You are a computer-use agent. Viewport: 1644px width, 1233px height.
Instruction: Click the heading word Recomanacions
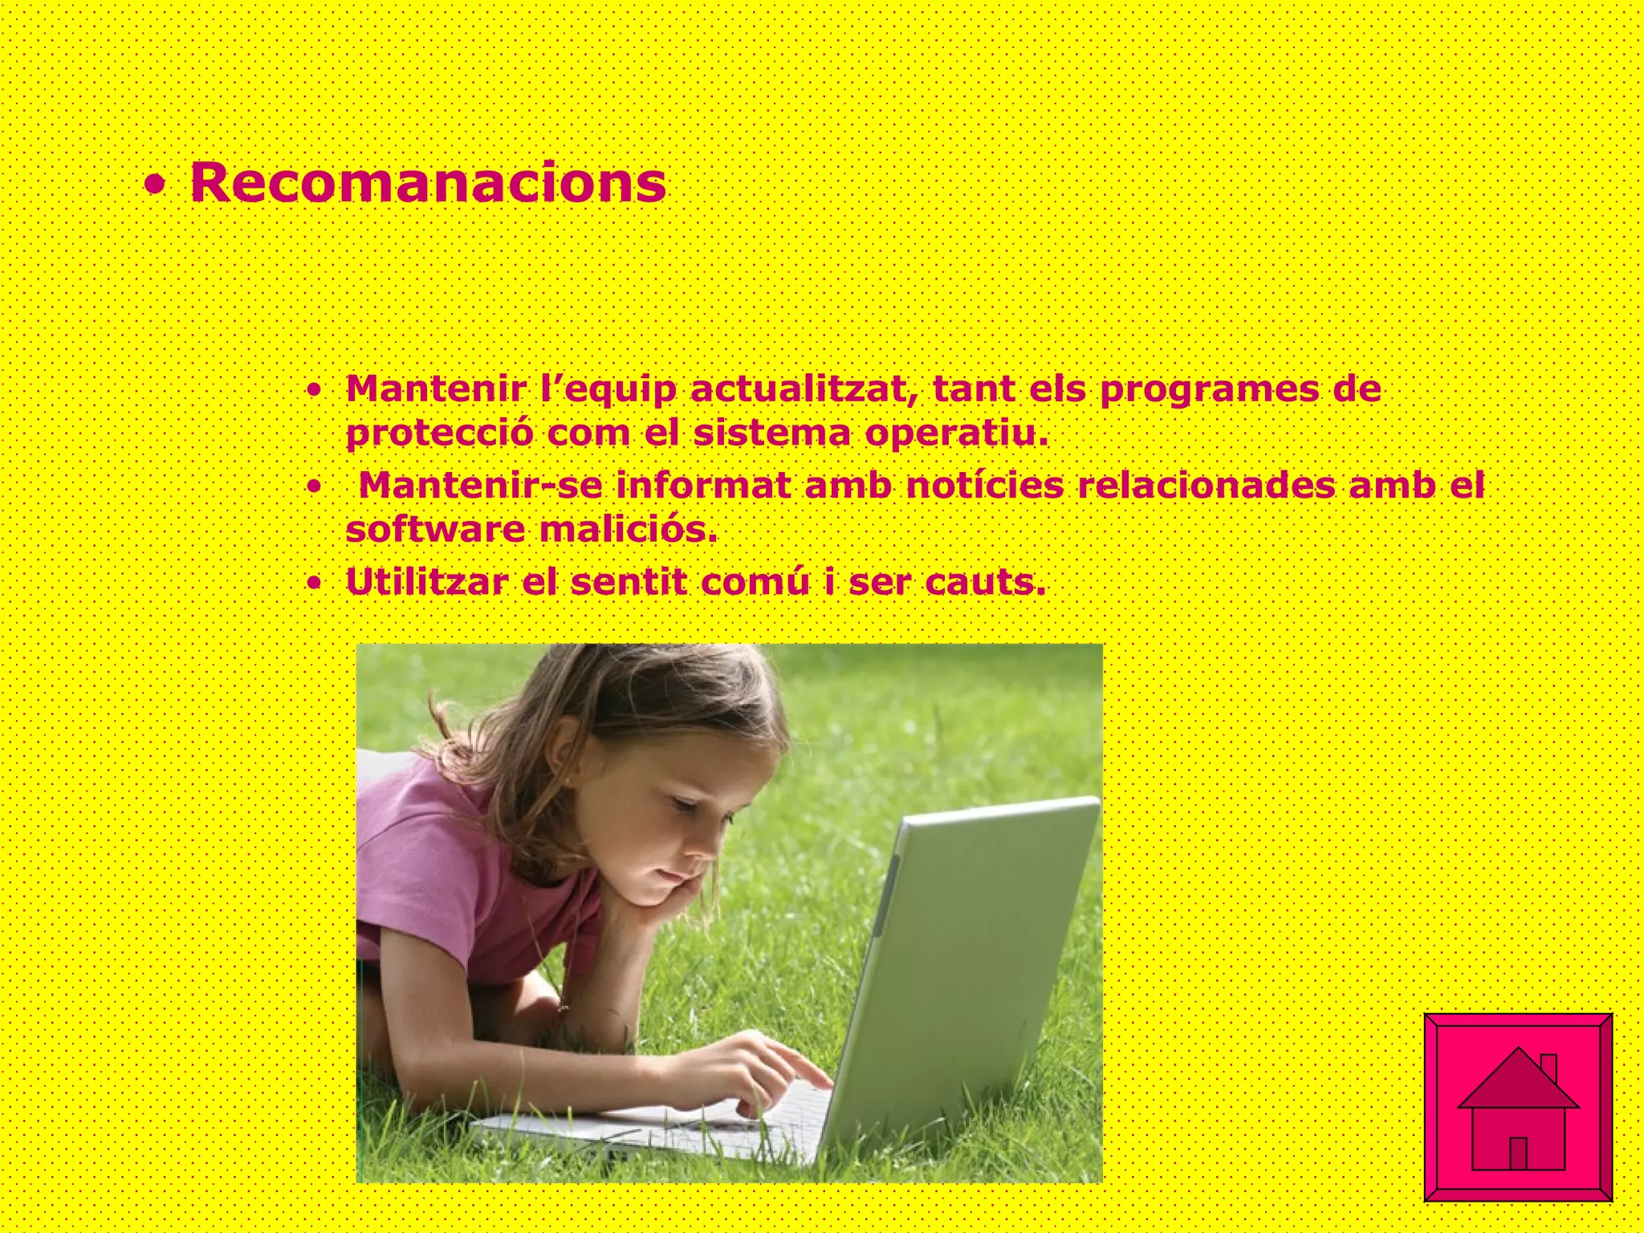point(428,183)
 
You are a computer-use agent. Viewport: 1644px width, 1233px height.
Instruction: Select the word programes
point(1211,391)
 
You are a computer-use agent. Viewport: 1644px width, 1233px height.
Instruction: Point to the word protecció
point(439,434)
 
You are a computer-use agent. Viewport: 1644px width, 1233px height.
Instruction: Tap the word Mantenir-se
point(479,486)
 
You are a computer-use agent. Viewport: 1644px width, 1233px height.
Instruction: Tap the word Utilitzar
point(426,582)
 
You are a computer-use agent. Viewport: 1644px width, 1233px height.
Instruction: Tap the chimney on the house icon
point(1548,1068)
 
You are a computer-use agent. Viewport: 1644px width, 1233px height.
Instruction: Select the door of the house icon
point(1518,1154)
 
